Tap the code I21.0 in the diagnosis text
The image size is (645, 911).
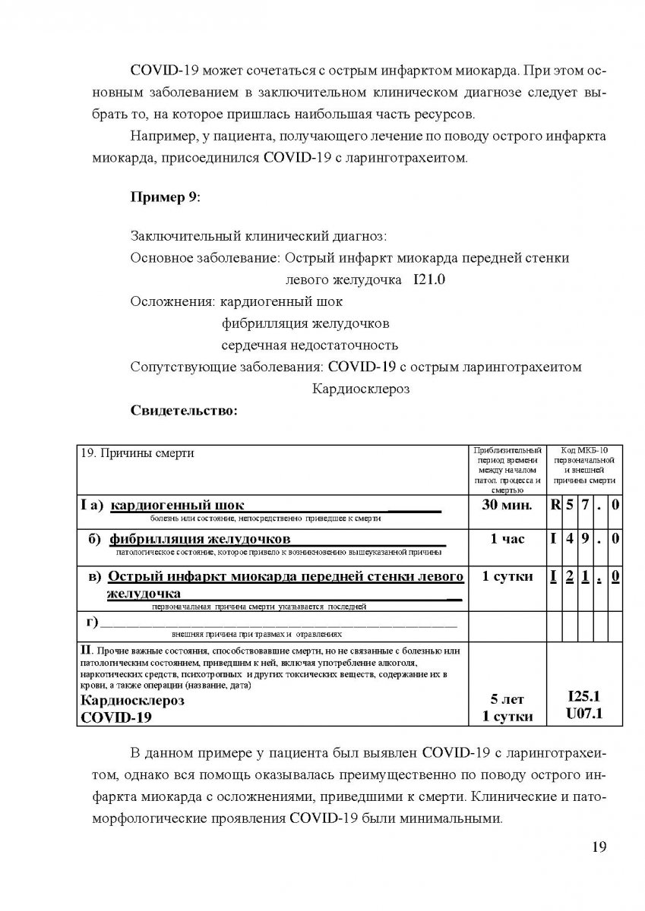pyautogui.click(x=429, y=279)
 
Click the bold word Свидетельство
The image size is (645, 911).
pyautogui.click(x=185, y=411)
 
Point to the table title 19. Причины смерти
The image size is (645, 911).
pyautogui.click(x=138, y=453)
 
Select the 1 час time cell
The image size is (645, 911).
pyautogui.click(x=507, y=539)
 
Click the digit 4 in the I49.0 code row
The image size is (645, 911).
pyautogui.click(x=570, y=540)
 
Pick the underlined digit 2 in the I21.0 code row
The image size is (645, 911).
pyautogui.click(x=570, y=577)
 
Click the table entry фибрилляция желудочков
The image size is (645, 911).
pyautogui.click(x=200, y=540)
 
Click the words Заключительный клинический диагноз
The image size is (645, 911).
pyautogui.click(x=258, y=236)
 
